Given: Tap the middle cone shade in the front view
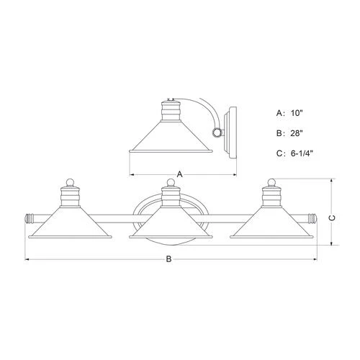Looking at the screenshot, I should click(170, 225).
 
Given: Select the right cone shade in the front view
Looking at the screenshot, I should click(273, 225).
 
